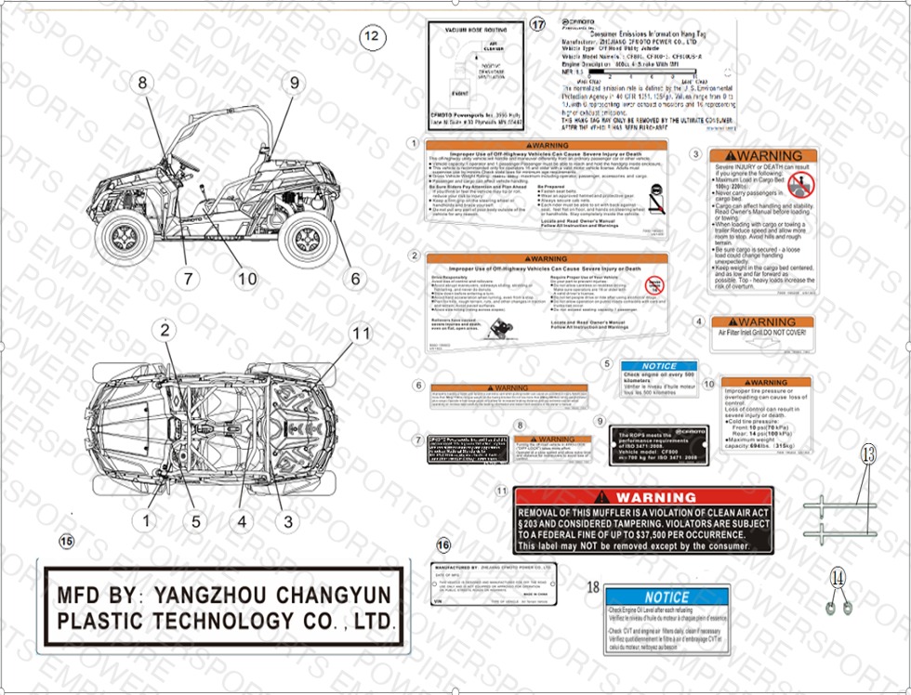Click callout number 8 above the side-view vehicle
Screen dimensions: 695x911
(142, 83)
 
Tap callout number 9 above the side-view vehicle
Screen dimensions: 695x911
(294, 83)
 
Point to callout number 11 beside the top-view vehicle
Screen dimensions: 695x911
(359, 333)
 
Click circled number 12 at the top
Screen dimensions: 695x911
(371, 37)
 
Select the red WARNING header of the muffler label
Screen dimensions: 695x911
(642, 497)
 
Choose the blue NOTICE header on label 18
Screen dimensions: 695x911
(667, 597)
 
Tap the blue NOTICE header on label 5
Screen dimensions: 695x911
(659, 366)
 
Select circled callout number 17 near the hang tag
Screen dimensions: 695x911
(536, 25)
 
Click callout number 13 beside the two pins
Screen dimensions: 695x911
(866, 455)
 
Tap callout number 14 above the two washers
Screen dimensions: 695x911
(838, 577)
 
